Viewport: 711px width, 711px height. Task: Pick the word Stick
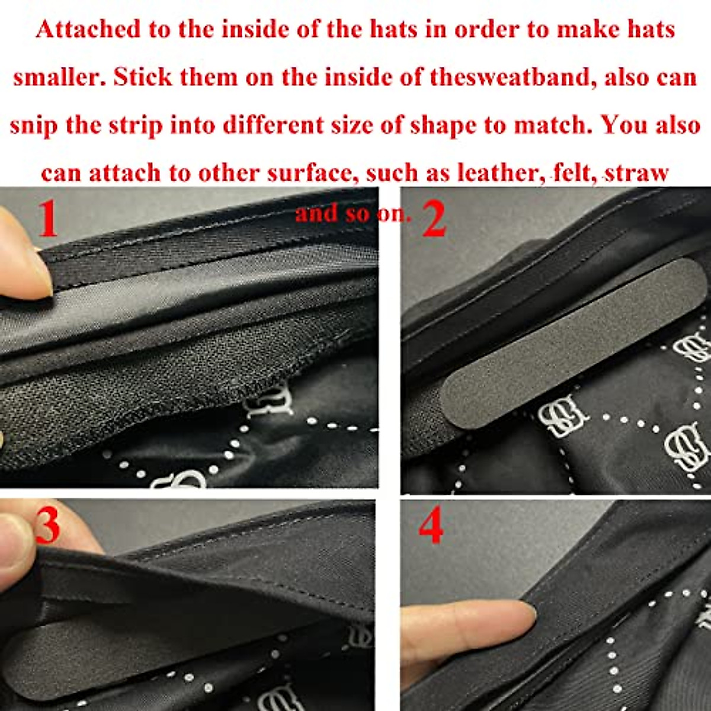pos(142,78)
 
